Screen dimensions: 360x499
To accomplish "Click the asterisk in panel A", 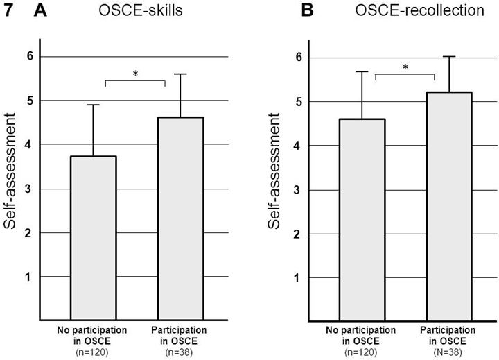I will [x=135, y=74].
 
